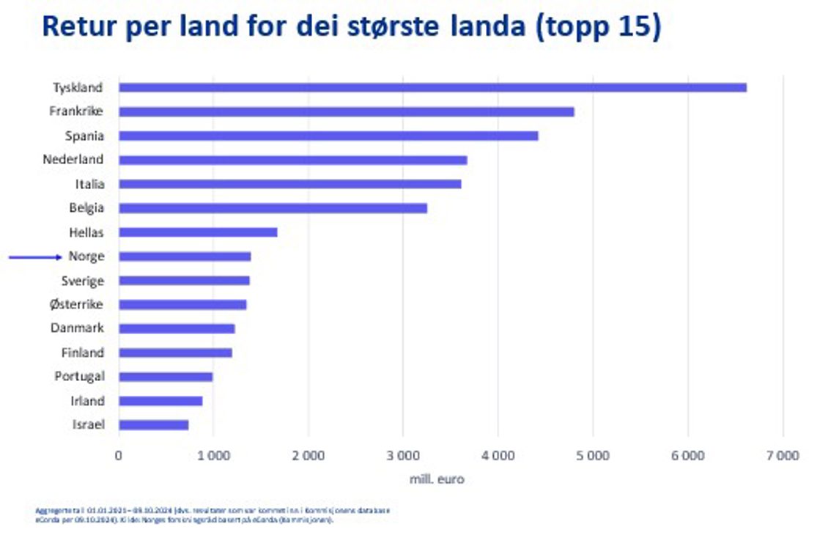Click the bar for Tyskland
click(x=432, y=88)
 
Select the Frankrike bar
click(x=346, y=112)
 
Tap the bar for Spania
click(x=328, y=136)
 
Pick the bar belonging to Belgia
click(x=273, y=208)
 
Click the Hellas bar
click(x=198, y=232)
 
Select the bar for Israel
click(x=153, y=425)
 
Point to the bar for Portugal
click(x=166, y=377)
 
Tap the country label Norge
click(x=86, y=257)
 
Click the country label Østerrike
click(x=76, y=305)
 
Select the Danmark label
click(x=77, y=328)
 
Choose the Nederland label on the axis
click(x=73, y=160)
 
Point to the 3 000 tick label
click(x=402, y=456)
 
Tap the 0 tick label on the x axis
click(x=119, y=456)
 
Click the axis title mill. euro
click(x=437, y=479)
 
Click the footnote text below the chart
click(x=213, y=514)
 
